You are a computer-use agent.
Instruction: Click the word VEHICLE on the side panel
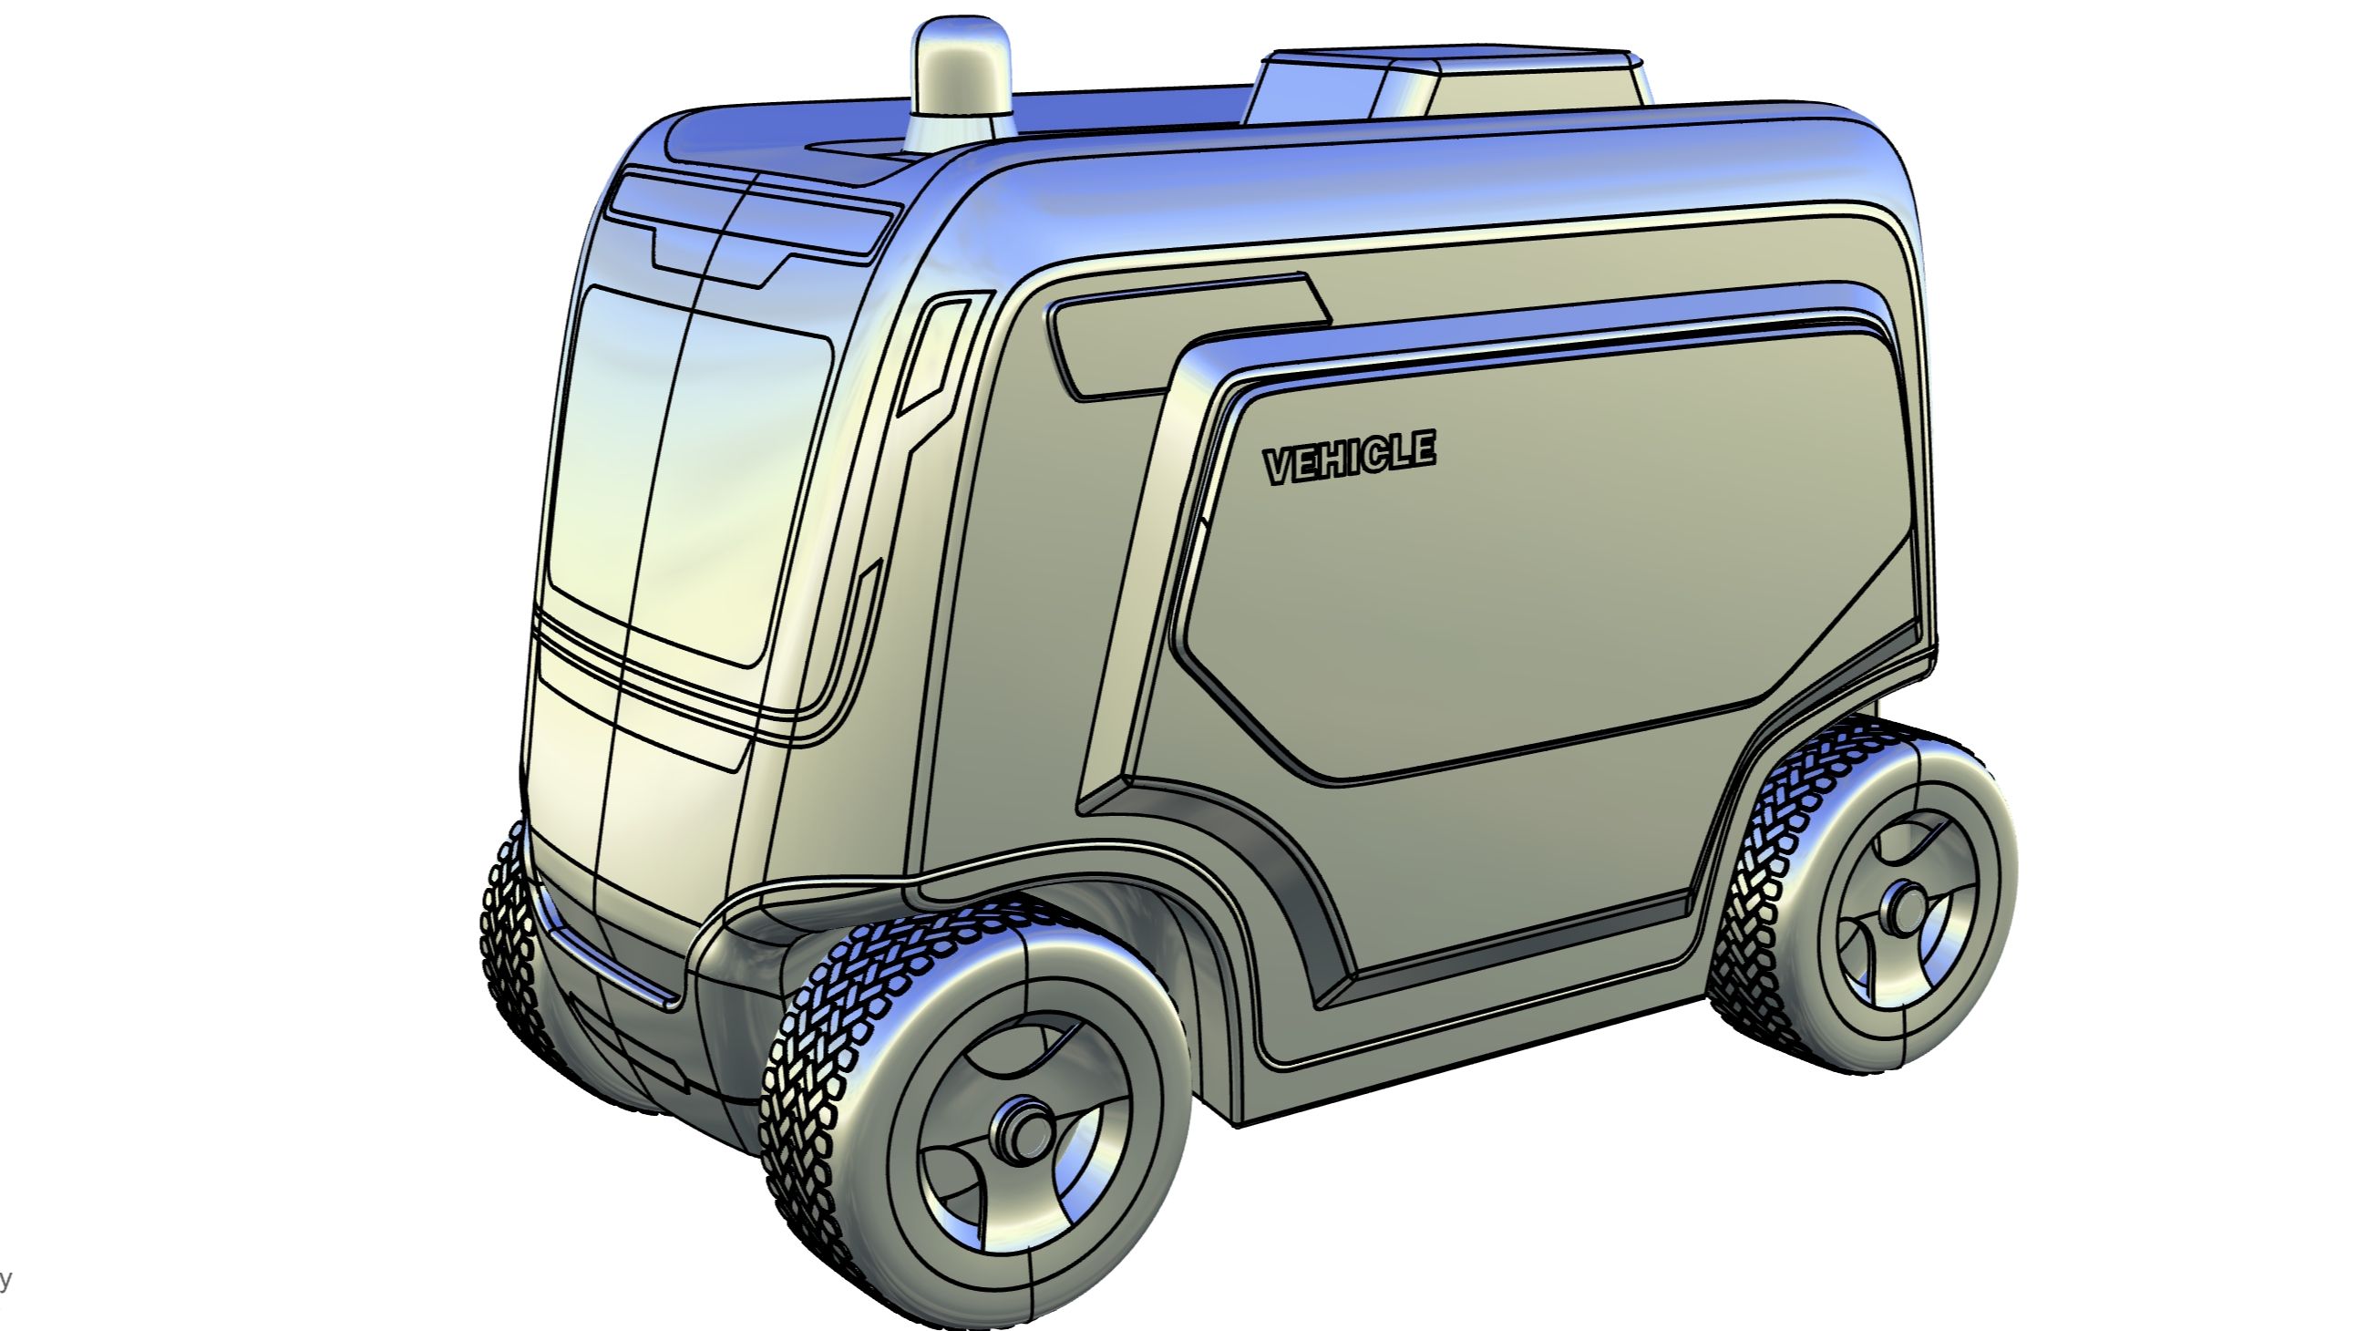click(x=1349, y=458)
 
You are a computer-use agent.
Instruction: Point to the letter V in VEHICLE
click(x=1281, y=468)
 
